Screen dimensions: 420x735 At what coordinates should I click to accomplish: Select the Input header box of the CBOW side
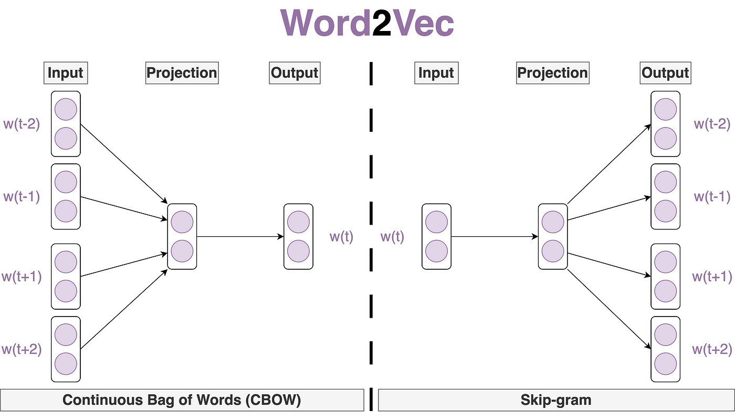coord(66,72)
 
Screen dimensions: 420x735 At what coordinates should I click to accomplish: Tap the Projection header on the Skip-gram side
coord(552,72)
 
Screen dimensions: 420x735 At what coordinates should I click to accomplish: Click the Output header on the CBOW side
coord(295,72)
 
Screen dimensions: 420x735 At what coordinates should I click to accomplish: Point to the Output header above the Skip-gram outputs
coord(666,72)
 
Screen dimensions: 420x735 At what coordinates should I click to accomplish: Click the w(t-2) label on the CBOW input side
coord(22,124)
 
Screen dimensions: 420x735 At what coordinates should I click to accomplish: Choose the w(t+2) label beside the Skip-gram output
coord(711,349)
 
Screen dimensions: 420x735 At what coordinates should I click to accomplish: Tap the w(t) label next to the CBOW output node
coord(341,237)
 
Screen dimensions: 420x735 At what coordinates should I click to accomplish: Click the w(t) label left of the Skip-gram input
coord(392,237)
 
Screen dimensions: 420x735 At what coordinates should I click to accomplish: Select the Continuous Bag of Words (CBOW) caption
coord(182,400)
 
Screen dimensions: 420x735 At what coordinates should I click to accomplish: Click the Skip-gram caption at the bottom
coord(555,400)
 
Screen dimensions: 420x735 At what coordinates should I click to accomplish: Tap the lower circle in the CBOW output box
coord(298,251)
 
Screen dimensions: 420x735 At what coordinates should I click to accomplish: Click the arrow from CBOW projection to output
coord(240,237)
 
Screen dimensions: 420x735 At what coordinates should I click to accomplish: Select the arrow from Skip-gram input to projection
coord(494,237)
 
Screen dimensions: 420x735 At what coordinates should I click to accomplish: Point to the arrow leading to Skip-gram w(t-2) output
coord(609,164)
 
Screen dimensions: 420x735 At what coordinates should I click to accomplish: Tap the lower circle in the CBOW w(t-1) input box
coord(66,211)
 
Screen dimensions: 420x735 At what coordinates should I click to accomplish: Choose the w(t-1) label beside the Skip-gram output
coord(712,197)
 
